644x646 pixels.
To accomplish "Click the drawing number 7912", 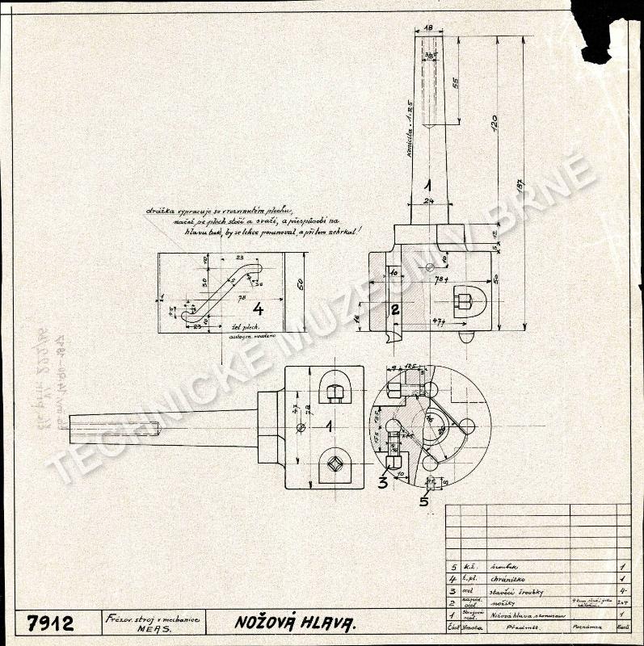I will pos(50,623).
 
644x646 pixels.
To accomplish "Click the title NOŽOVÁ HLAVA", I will pos(295,623).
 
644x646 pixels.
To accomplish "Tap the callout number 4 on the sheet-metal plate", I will pos(258,308).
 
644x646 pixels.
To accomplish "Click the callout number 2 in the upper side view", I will pos(394,309).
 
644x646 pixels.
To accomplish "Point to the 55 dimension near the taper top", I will pos(455,85).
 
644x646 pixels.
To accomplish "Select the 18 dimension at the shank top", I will pos(429,27).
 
